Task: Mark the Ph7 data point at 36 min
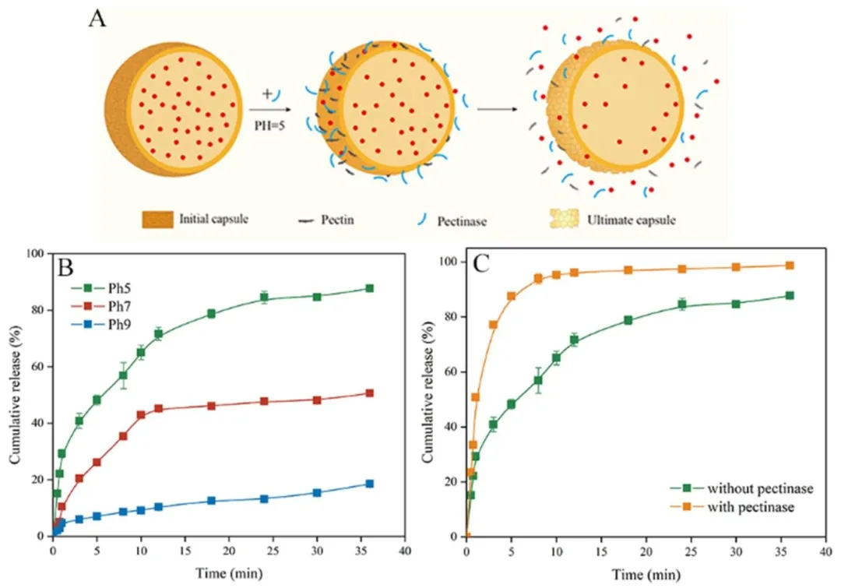pos(369,393)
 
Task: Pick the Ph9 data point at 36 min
pos(369,484)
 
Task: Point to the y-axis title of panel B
pos(15,394)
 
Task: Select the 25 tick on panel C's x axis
pos(691,552)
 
